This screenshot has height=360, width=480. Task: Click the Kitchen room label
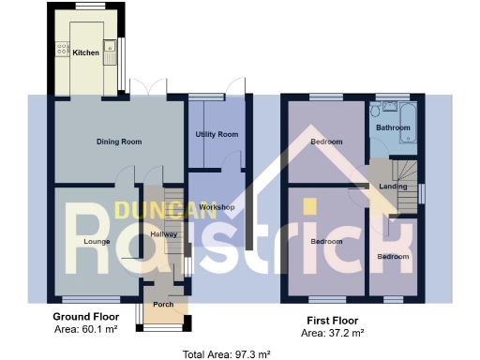coord(85,52)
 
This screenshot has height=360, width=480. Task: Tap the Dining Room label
coord(119,142)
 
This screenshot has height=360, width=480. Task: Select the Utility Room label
coord(217,135)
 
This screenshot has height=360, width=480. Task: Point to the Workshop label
coord(217,206)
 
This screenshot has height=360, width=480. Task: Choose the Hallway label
coord(163,234)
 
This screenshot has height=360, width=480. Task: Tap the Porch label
coord(163,304)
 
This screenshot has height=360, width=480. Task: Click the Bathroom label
coord(393,127)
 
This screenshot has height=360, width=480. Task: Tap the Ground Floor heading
coord(84,317)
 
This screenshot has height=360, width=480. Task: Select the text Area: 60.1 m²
coord(84,330)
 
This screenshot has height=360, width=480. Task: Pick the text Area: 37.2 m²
coord(332,333)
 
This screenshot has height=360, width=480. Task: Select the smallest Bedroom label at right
coord(393,256)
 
